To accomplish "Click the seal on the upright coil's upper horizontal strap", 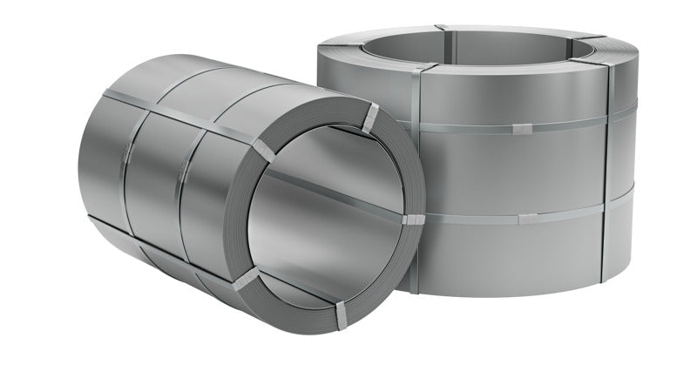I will [x=520, y=130].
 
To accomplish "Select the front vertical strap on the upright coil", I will [x=416, y=174].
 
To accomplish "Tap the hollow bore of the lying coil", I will [x=322, y=218].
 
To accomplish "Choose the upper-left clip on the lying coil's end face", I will [x=260, y=142].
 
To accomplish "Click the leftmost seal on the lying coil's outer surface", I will [x=127, y=154].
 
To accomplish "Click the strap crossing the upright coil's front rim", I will [x=419, y=67].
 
